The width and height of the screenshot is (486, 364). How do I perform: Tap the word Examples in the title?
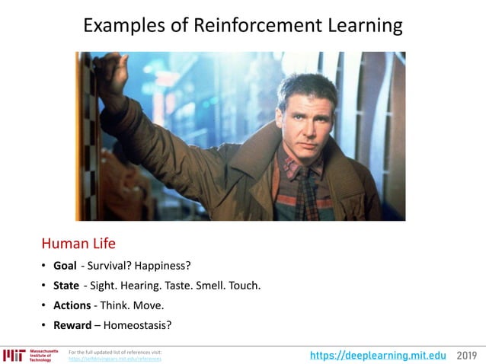(x=123, y=25)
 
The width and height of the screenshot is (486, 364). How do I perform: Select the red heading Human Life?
(x=78, y=244)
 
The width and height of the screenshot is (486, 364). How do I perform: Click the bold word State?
(x=66, y=286)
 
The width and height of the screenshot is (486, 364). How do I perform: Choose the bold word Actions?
(x=72, y=305)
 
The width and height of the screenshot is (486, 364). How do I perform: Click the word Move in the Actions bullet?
(x=149, y=305)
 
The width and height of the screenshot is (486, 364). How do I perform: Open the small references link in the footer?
(x=115, y=359)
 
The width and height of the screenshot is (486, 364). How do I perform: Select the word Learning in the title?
(x=360, y=25)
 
